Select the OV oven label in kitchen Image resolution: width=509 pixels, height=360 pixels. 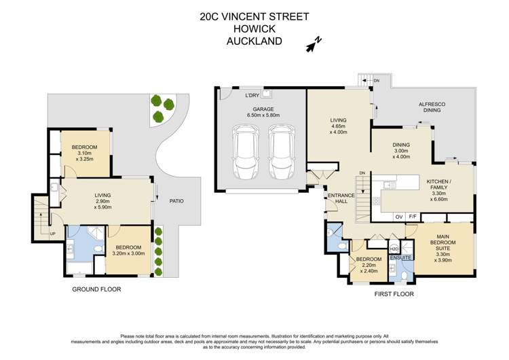pyautogui.click(x=399, y=217)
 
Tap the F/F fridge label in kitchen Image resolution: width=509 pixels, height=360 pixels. pyautogui.click(x=413, y=217)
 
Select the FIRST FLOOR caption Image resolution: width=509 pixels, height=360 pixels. pyautogui.click(x=395, y=294)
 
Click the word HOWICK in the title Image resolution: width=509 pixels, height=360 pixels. pyautogui.click(x=254, y=29)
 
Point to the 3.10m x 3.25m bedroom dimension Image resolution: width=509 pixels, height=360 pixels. pyautogui.click(x=85, y=157)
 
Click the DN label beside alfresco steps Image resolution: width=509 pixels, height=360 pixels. pyautogui.click(x=376, y=81)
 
